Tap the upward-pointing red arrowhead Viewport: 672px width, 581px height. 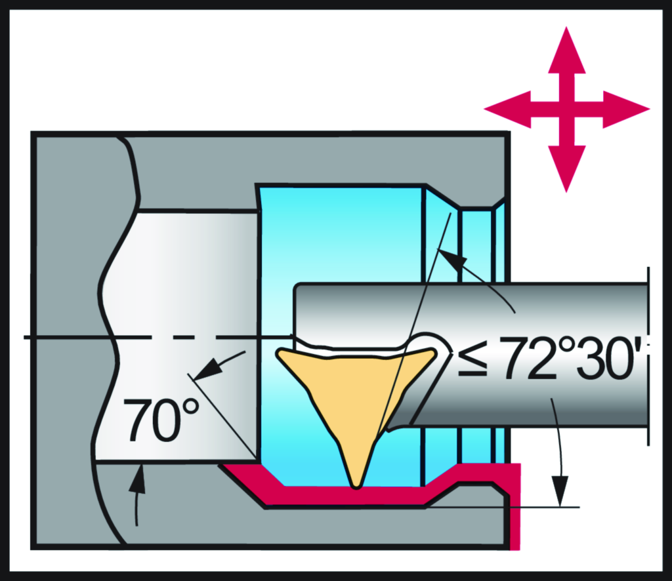(566, 51)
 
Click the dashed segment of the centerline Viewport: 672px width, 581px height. (197, 337)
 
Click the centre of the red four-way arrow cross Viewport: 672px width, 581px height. (566, 109)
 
